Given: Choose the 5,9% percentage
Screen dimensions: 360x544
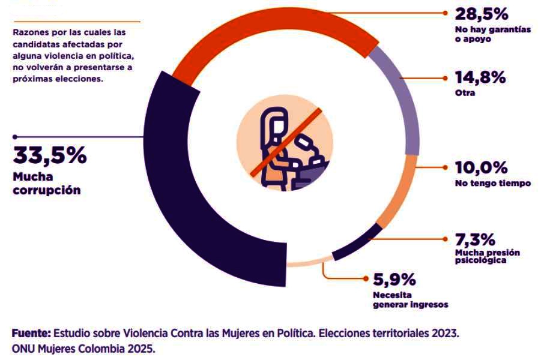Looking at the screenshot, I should click(394, 279).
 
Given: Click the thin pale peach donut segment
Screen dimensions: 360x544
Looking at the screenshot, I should click(309, 261).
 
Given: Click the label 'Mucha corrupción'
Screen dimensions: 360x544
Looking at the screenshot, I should click(47, 184).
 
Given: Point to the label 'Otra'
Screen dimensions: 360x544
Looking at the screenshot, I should click(466, 94).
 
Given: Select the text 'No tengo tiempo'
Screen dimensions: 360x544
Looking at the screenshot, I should click(493, 183).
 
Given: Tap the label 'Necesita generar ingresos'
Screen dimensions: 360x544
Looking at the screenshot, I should click(410, 299).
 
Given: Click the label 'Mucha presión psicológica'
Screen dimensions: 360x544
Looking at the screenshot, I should click(488, 256).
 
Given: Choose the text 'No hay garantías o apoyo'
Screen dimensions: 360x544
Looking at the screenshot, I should click(492, 34).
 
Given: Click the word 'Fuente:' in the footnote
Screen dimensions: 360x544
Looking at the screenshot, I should click(31, 332).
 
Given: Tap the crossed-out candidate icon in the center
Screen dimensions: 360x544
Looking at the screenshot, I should click(285, 146).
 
